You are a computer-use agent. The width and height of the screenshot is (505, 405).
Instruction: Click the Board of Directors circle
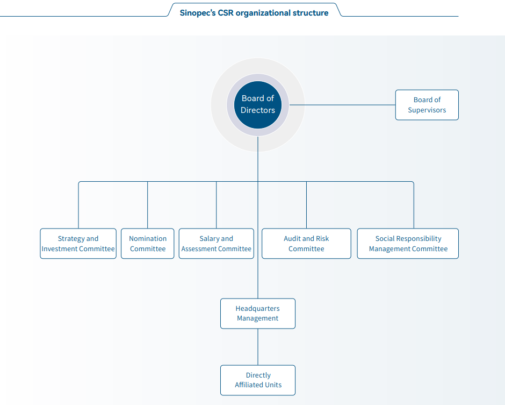click(x=258, y=105)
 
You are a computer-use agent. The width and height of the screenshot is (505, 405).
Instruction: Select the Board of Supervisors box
click(x=427, y=105)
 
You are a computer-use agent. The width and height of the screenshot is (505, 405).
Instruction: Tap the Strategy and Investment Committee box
click(x=78, y=244)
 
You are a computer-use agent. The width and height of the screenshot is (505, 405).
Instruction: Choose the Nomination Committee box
click(x=148, y=244)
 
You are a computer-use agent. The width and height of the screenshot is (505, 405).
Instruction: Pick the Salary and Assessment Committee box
click(x=216, y=244)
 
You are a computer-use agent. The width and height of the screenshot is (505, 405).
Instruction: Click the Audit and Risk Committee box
click(x=306, y=244)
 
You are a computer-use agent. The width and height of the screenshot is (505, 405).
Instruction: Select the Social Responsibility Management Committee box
click(x=408, y=244)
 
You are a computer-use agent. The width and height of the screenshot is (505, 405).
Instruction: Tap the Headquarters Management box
click(x=258, y=314)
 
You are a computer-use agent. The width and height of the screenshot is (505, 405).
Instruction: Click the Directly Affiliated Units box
click(x=258, y=380)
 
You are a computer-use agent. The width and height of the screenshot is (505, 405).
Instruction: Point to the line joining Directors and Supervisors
click(x=342, y=105)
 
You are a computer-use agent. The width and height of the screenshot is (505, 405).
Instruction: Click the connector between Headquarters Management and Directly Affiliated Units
click(x=258, y=347)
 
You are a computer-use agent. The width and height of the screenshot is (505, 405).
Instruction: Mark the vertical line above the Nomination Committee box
click(x=148, y=205)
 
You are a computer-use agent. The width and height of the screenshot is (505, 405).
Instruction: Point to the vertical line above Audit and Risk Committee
click(x=306, y=205)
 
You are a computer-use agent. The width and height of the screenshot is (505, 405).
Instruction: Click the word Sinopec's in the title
click(x=197, y=13)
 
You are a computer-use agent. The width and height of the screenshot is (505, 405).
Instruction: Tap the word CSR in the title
click(x=226, y=13)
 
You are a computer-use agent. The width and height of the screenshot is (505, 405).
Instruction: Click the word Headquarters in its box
click(x=258, y=309)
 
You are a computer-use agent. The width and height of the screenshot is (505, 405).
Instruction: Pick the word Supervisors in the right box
click(x=427, y=110)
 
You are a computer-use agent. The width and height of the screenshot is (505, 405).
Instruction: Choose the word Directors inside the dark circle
click(x=258, y=110)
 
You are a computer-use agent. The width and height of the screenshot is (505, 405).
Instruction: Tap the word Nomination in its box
click(x=148, y=239)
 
